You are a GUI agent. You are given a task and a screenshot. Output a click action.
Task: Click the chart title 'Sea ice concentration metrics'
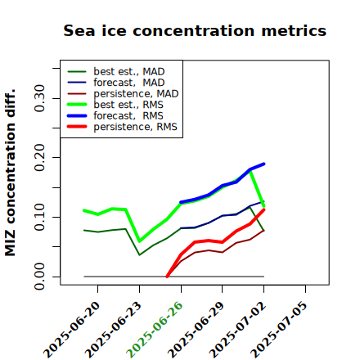click(x=195, y=30)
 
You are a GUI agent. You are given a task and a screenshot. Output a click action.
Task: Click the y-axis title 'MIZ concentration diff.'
click(x=10, y=173)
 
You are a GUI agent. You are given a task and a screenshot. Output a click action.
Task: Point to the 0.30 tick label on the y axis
click(x=39, y=98)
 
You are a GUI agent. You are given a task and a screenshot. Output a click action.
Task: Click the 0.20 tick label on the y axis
click(x=39, y=158)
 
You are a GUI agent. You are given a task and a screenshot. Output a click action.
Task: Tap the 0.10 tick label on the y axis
click(x=39, y=217)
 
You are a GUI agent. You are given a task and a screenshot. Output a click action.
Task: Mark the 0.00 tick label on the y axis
click(x=39, y=277)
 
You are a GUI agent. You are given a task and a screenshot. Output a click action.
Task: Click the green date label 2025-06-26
click(x=155, y=330)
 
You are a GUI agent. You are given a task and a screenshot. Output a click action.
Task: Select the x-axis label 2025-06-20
click(x=71, y=330)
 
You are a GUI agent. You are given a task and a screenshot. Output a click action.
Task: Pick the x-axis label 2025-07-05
click(x=279, y=330)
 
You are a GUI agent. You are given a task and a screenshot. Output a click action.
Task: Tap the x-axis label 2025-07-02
click(x=237, y=330)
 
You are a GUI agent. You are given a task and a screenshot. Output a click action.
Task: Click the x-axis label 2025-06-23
click(x=113, y=330)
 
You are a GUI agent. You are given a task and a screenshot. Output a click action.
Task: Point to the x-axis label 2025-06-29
click(x=196, y=330)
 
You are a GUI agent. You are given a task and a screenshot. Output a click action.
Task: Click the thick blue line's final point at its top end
click(x=263, y=164)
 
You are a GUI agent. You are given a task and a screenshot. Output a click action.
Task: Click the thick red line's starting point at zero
click(x=167, y=277)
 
